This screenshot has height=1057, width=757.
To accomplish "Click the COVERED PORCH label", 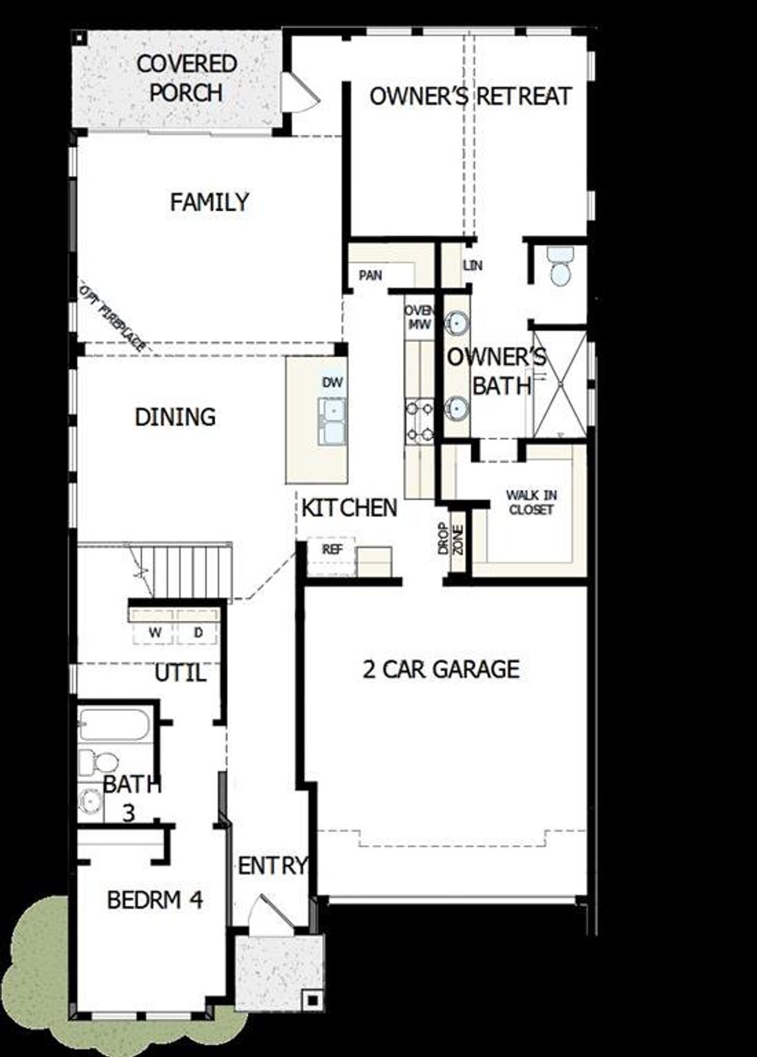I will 186,78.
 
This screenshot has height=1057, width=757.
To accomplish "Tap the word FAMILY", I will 209,202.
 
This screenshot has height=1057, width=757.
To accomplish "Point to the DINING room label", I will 175,417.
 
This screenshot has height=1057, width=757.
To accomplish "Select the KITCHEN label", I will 349,508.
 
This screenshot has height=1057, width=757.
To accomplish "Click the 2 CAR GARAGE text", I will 441,669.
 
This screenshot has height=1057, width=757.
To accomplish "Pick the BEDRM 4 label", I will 155,900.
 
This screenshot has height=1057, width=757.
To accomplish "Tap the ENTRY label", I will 273,866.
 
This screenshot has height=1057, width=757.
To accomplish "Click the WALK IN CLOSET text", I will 531,502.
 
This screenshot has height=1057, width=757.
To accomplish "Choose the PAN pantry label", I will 370,275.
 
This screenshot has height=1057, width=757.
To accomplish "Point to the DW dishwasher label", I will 332,382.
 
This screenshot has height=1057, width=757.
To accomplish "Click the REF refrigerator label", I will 332,549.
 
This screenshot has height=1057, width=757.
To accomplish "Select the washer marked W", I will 154,632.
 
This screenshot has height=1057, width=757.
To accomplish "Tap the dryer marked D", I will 198,632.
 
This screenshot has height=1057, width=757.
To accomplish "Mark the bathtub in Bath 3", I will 114,724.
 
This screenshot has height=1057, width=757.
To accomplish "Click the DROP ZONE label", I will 450,540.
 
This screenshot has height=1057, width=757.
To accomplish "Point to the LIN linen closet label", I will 473,266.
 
